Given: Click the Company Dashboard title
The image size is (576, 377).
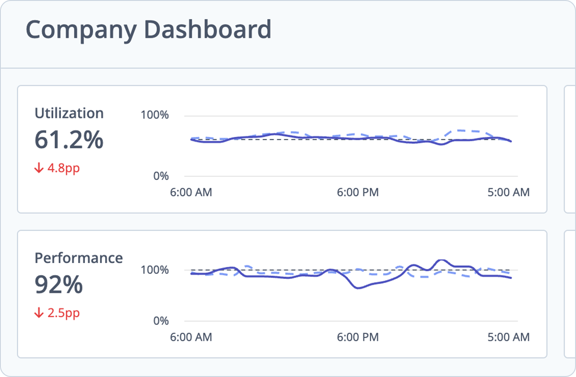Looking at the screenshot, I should click(148, 29).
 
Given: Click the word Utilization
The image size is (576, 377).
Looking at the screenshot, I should click(69, 113).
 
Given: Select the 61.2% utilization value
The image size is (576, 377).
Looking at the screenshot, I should click(69, 140).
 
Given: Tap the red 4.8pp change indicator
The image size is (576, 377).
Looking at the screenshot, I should click(63, 169).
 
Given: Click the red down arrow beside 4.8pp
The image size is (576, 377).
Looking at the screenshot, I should click(39, 169).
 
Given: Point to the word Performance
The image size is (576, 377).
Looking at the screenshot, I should click(79, 258).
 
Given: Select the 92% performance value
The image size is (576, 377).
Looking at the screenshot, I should click(59, 285).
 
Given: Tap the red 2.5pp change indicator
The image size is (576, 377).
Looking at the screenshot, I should click(63, 313).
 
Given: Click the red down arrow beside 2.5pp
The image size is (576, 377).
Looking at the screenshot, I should click(39, 313).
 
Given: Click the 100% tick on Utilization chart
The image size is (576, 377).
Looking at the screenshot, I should click(155, 115).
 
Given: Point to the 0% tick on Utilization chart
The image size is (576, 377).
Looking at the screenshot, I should click(161, 176).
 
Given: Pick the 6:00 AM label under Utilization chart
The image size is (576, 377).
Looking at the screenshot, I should click(191, 193).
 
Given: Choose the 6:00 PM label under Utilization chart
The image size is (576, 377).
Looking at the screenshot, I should click(358, 193).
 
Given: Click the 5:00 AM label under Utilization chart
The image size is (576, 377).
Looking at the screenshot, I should click(508, 193).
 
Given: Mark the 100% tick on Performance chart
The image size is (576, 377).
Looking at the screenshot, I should click(155, 270).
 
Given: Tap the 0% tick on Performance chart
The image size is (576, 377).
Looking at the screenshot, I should click(161, 321).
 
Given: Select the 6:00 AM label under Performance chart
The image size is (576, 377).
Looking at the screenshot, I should click(191, 337).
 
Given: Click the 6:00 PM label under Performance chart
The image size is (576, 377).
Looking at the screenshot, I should click(358, 337).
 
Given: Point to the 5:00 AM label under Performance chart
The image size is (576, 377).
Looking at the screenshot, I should click(508, 337).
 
